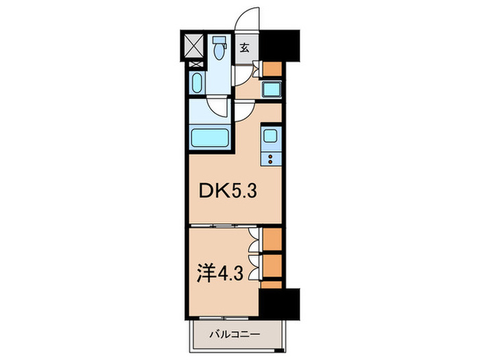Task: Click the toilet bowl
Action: (218, 49)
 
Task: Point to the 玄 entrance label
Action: (244, 48)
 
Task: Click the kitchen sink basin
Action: (269, 135)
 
